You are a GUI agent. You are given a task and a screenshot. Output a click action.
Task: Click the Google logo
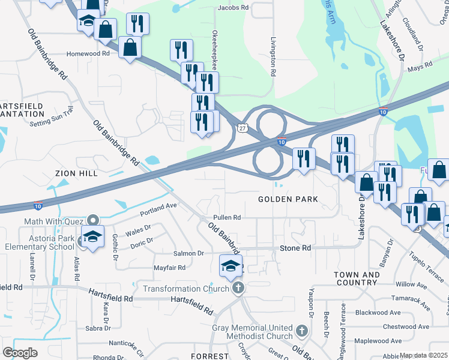pyautogui.click(x=20, y=353)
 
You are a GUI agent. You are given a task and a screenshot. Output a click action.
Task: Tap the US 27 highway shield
pyautogui.click(x=241, y=128)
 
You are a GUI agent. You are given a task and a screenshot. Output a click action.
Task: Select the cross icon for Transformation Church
pyautogui.click(x=238, y=289)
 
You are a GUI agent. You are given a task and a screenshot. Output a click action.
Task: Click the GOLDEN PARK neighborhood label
pyautogui.click(x=288, y=199)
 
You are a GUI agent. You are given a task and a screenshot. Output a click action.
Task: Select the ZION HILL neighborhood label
pyautogui.click(x=76, y=173)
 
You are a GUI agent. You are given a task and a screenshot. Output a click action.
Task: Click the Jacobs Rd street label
pyautogui.click(x=233, y=8)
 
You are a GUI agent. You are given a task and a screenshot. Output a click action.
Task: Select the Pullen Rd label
pyautogui.click(x=226, y=218)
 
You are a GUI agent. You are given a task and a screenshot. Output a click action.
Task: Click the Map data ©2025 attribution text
pyautogui.click(x=424, y=355)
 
